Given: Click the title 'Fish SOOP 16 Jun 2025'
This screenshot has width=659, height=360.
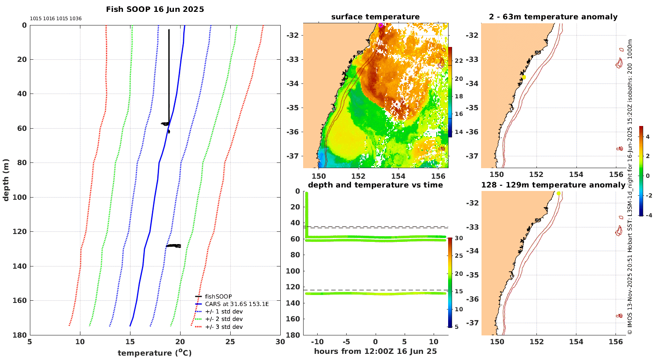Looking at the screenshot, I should pyautogui.click(x=155, y=9).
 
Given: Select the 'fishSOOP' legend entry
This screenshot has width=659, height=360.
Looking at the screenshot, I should pyautogui.click(x=218, y=296).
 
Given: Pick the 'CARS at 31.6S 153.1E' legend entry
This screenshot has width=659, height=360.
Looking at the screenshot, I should pyautogui.click(x=237, y=304).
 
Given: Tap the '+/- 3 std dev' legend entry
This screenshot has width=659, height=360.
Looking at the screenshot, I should pyautogui.click(x=224, y=327).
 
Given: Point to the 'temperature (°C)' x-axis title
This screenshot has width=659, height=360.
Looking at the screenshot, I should pyautogui.click(x=155, y=353).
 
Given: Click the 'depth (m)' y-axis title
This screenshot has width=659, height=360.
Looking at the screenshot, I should pyautogui.click(x=6, y=180).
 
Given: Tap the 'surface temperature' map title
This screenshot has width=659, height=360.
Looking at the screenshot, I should pyautogui.click(x=375, y=17).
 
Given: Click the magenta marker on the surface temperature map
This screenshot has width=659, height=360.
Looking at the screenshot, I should pyautogui.click(x=381, y=25).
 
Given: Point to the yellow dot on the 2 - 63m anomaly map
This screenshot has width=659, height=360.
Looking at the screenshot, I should pyautogui.click(x=524, y=77).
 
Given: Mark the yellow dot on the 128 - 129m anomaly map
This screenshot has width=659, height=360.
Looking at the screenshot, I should pyautogui.click(x=558, y=193).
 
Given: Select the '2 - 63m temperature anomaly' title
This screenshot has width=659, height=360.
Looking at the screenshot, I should pyautogui.click(x=553, y=17).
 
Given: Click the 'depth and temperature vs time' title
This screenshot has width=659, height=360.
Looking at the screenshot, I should pyautogui.click(x=375, y=185).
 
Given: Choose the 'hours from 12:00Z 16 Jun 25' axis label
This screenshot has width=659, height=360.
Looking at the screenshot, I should pyautogui.click(x=375, y=351).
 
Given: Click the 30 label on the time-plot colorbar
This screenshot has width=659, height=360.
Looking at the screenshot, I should pyautogui.click(x=459, y=238).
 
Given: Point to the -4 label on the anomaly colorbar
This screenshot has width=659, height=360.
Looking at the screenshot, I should pyautogui.click(x=647, y=215).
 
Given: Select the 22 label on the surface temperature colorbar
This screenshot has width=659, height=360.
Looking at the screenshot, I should pyautogui.click(x=459, y=61).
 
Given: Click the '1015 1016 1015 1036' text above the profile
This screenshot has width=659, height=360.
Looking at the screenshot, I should pyautogui.click(x=55, y=18).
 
